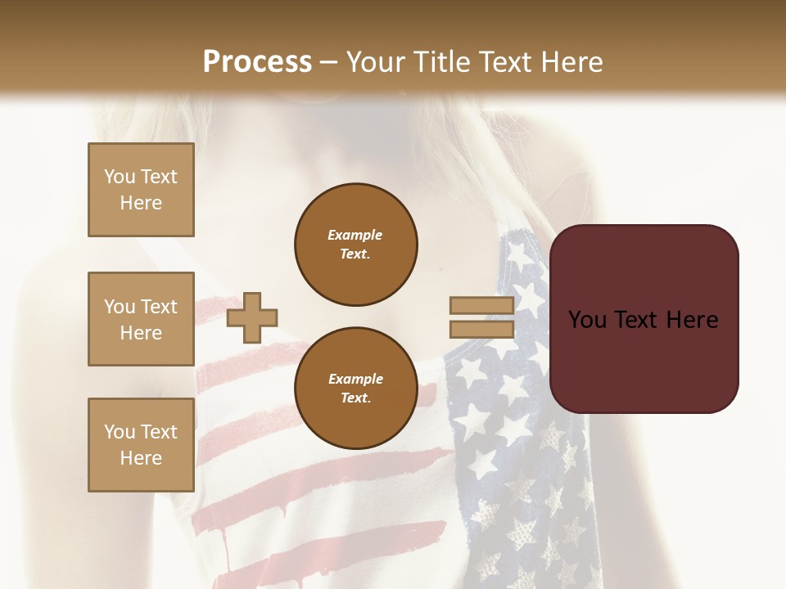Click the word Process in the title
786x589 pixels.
[x=257, y=61]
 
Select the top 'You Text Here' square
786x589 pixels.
[x=141, y=190]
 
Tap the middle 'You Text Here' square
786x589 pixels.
[x=141, y=319]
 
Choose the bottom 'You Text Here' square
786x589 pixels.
[x=141, y=445]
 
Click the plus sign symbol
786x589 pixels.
[x=252, y=317]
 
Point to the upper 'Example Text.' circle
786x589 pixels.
[x=355, y=245]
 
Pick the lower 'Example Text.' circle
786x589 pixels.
[x=355, y=389]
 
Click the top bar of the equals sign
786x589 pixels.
[x=481, y=306]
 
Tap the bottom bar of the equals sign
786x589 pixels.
[x=481, y=330]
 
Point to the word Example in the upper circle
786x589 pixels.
[x=355, y=235]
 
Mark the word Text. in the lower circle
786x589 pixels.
[x=355, y=398]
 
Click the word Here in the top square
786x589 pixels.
[x=141, y=203]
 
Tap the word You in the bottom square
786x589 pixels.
[x=120, y=432]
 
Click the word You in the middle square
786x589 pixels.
[x=120, y=307]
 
